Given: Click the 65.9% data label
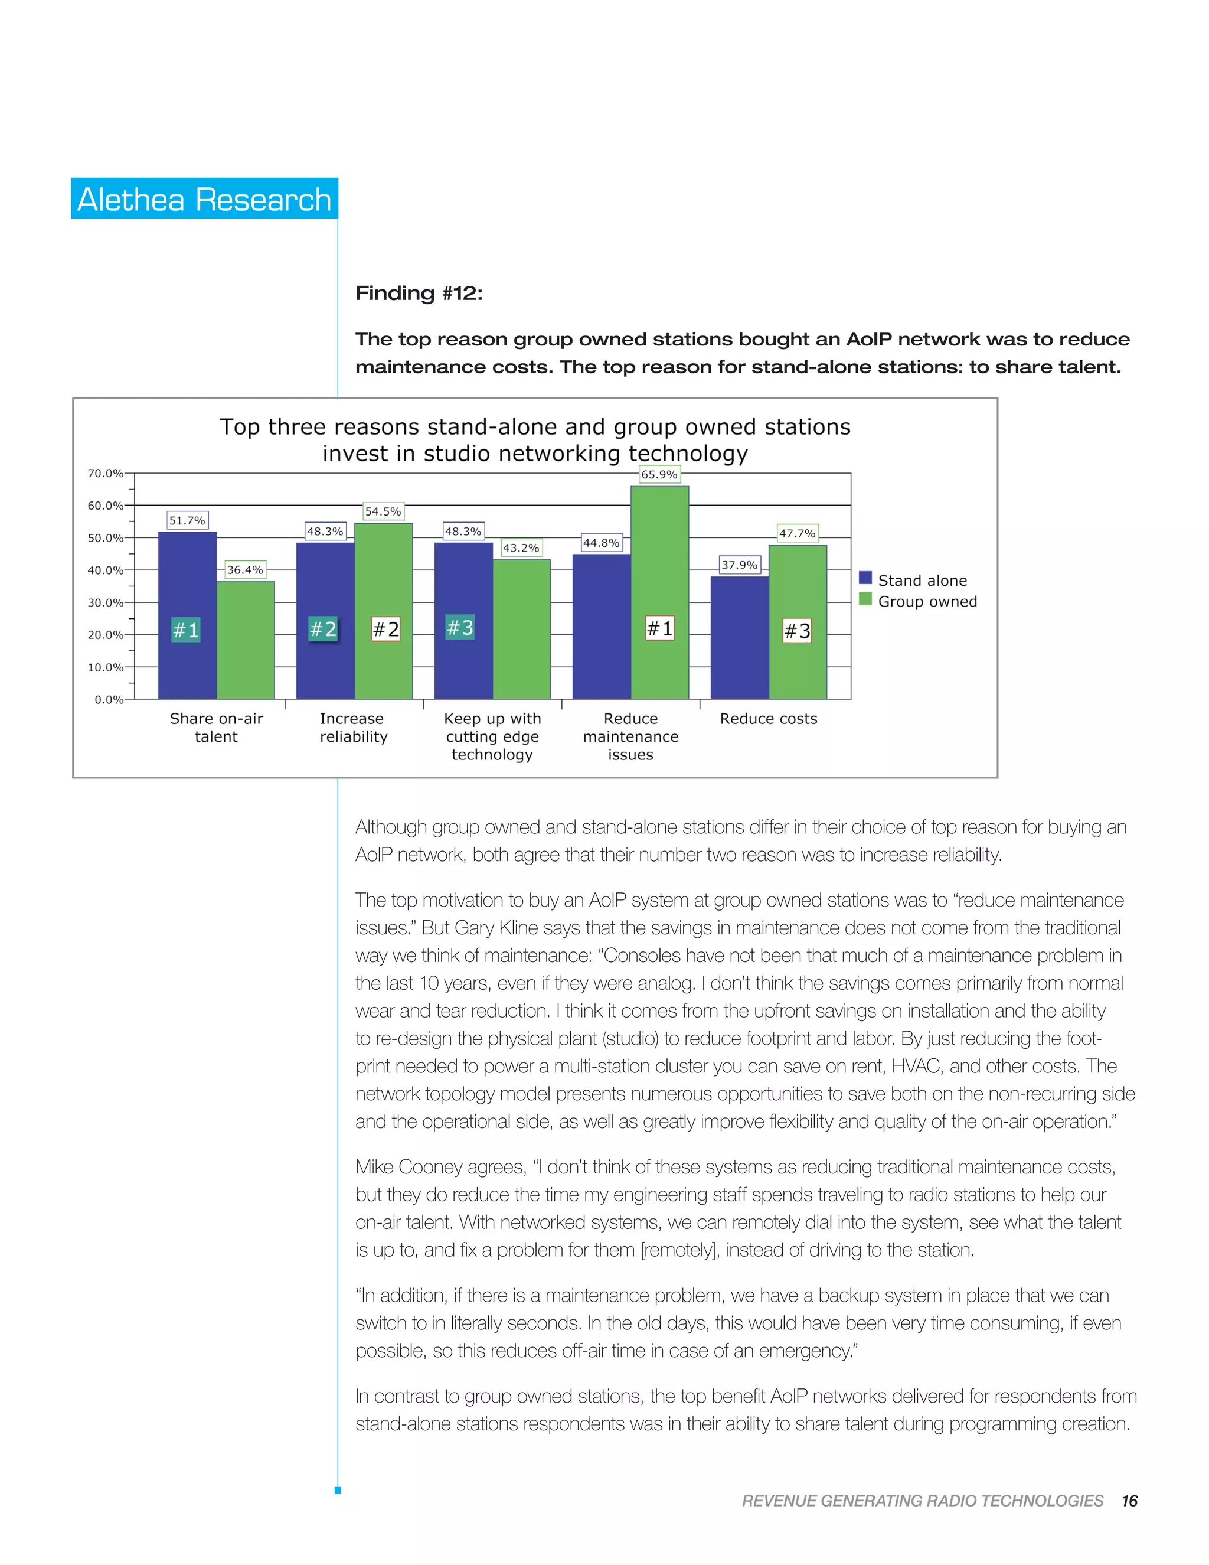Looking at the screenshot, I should click(659, 474).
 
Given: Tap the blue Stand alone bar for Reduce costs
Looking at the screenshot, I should click(739, 637).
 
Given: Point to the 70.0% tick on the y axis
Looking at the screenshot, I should click(105, 473).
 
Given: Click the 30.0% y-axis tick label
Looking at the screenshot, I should click(105, 602).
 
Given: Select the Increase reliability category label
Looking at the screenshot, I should click(353, 728).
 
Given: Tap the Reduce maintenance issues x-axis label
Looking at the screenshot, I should click(630, 736).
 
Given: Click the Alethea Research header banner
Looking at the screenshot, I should click(204, 198).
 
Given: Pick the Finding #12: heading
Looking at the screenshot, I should click(419, 293).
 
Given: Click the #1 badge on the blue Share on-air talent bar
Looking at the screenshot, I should click(186, 630).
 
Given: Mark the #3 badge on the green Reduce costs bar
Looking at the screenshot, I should click(797, 631).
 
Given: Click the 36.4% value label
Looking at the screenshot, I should click(245, 570).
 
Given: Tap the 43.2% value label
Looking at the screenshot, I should click(521, 548).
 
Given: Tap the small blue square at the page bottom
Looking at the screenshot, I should click(337, 1491).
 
